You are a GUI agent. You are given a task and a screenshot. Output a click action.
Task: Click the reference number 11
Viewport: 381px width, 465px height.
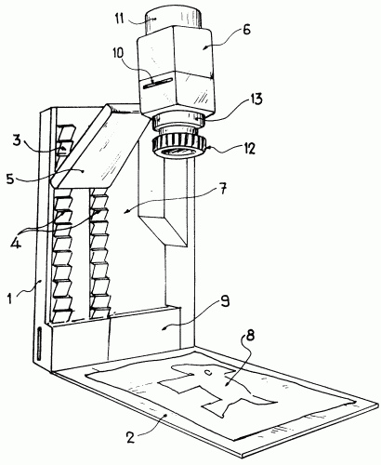[120, 19]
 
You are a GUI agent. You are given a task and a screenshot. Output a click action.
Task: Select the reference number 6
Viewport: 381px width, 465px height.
[246, 31]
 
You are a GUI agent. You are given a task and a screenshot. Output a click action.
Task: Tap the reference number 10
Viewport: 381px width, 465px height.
[117, 53]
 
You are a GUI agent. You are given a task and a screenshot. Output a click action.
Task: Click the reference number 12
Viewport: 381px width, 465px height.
[248, 148]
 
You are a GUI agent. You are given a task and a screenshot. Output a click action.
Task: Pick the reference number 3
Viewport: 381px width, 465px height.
[17, 140]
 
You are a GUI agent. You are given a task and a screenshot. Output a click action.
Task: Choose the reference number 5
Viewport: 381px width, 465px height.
[11, 179]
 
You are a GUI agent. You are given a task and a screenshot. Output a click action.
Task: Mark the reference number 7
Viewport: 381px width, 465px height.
[224, 189]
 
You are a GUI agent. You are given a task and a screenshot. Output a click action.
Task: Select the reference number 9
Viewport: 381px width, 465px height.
[225, 300]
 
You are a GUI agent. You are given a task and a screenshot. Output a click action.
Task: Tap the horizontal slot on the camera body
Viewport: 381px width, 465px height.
[157, 84]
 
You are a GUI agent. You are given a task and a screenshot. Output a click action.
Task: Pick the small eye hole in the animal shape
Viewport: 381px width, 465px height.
[208, 372]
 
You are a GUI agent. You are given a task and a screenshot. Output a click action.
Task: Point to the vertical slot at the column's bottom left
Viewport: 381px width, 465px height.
[39, 343]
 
